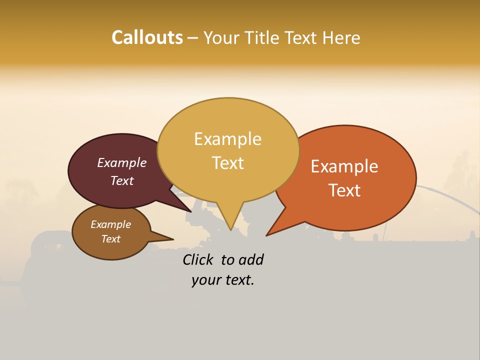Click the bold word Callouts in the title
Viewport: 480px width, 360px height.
pyautogui.click(x=147, y=37)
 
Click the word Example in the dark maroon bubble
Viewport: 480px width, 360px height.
pyautogui.click(x=121, y=162)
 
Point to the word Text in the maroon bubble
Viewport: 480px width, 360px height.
pyautogui.click(x=121, y=180)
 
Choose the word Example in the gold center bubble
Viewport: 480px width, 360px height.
pyautogui.click(x=227, y=139)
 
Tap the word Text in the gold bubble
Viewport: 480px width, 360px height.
pyautogui.click(x=227, y=162)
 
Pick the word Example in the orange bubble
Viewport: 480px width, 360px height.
pyautogui.click(x=344, y=166)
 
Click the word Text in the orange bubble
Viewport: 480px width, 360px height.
pyautogui.click(x=344, y=190)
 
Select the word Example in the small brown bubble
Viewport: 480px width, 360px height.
pyautogui.click(x=110, y=224)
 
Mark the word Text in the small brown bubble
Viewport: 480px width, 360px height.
pyautogui.click(x=110, y=239)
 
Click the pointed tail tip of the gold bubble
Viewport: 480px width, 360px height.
pyautogui.click(x=230, y=229)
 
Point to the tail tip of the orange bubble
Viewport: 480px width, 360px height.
pyautogui.click(x=267, y=235)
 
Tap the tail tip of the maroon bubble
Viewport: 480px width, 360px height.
pyautogui.click(x=190, y=211)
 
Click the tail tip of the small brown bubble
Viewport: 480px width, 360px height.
pyautogui.click(x=173, y=239)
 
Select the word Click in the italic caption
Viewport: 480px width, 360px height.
pyautogui.click(x=199, y=259)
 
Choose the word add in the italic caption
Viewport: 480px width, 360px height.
pyautogui.click(x=251, y=259)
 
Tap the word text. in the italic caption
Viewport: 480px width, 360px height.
pyautogui.click(x=238, y=280)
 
